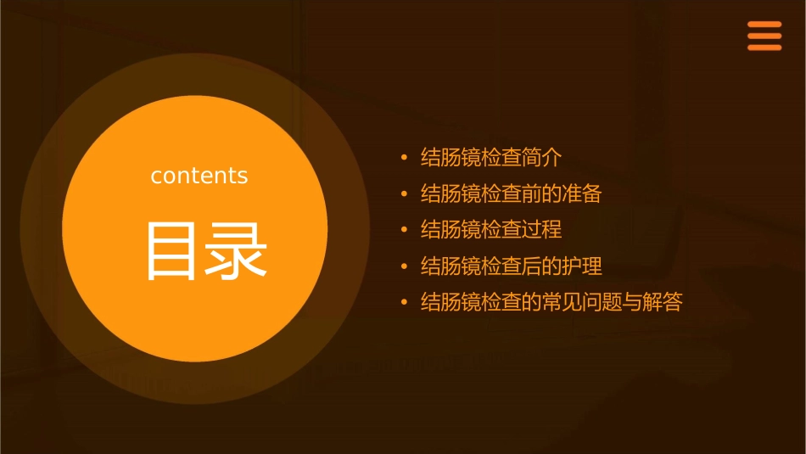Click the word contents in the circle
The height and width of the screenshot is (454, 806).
coord(199,176)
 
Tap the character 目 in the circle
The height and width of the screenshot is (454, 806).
coord(173,251)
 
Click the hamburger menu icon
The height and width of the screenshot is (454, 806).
coord(764,36)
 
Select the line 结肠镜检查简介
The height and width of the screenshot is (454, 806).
coord(491,158)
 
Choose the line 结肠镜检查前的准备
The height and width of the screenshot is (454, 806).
coord(511,194)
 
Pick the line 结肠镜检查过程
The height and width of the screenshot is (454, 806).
coord(491,230)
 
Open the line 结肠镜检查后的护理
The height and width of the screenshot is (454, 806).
coord(511,266)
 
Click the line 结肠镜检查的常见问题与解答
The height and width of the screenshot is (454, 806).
coord(551,303)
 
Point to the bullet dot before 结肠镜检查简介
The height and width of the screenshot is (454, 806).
coord(405,158)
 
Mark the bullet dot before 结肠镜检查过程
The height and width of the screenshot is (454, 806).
coord(405,230)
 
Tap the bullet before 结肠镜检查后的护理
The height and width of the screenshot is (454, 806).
coord(405,266)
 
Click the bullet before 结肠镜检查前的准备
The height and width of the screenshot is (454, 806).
coord(405,194)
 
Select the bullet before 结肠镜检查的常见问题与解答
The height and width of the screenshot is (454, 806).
coord(405,303)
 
